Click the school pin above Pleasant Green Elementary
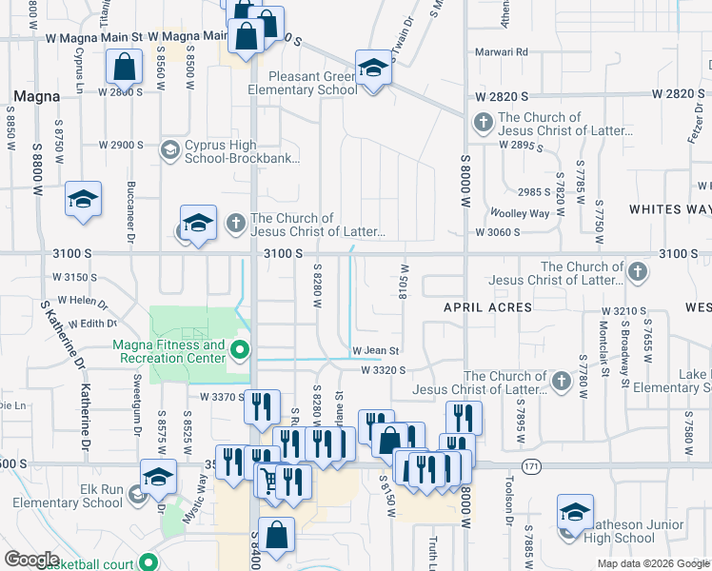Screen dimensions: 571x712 tap(373, 69)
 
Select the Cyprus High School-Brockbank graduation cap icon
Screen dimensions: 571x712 tap(170, 149)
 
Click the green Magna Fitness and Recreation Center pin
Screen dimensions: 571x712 tap(239, 351)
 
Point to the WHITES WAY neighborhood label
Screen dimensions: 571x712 tap(670, 209)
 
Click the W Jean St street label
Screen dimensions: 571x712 tap(375, 351)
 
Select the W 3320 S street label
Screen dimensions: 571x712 tap(384, 370)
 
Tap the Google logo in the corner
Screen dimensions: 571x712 tap(32, 560)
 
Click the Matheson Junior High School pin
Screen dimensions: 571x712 tap(575, 513)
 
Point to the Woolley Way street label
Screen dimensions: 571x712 tap(519, 214)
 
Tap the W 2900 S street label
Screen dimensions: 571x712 tap(122, 146)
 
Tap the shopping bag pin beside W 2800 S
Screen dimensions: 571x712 tap(125, 69)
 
